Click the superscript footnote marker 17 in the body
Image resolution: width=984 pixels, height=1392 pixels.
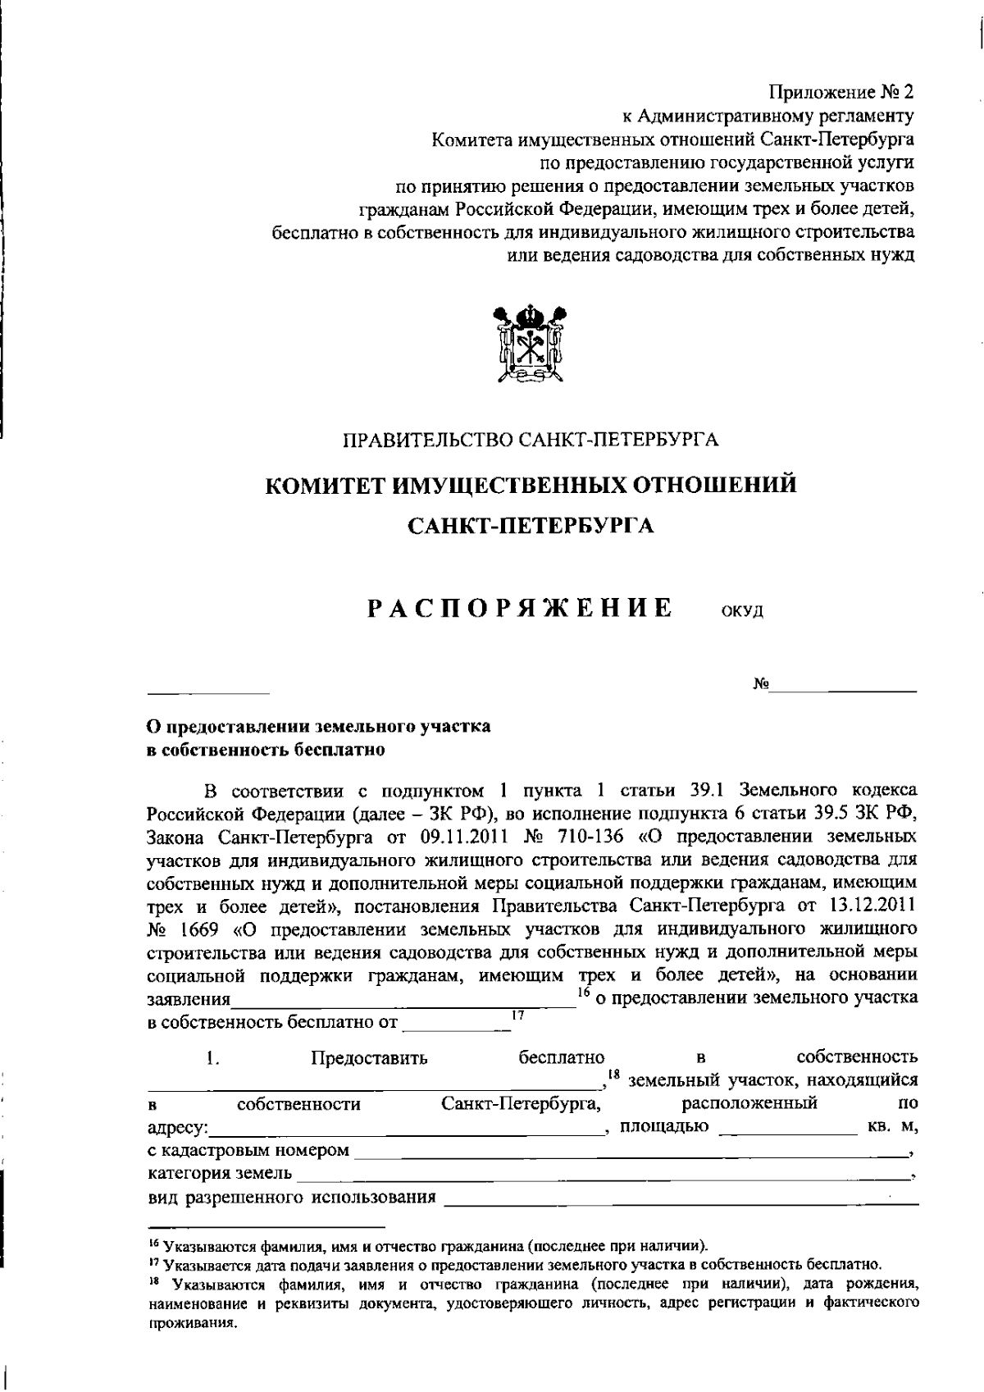pos(517,1015)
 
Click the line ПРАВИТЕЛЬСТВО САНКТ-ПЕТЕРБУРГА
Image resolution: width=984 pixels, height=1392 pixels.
pos(531,440)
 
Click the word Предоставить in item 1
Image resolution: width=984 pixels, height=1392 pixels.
pos(369,1057)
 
